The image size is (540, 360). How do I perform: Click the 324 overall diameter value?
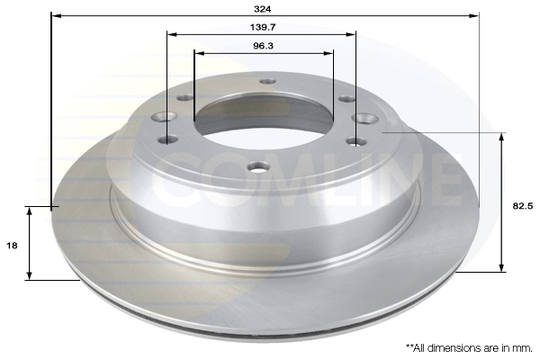coord(263,9)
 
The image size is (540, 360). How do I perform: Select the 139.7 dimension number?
coord(263,27)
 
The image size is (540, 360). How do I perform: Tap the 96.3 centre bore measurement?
coord(263,46)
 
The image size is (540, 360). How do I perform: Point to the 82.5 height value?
coord(522,206)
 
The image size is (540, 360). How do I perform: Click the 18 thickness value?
coord(12,246)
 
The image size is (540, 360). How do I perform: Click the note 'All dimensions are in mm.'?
coord(469,348)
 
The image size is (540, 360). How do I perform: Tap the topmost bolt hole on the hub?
coord(268,81)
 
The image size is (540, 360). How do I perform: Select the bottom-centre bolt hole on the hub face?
coord(258,167)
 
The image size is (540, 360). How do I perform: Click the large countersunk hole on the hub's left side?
coord(164,117)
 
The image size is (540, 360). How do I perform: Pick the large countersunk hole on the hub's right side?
coord(364,119)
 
